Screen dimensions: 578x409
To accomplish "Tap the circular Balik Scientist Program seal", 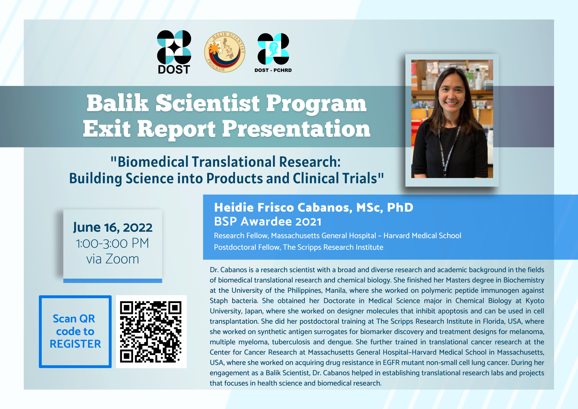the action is pyautogui.click(x=225, y=52).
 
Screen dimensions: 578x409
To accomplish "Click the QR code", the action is pyautogui.click(x=151, y=332).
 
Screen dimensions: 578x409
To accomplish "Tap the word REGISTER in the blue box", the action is pyautogui.click(x=75, y=344).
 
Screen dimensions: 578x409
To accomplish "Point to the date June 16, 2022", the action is pyautogui.click(x=113, y=227).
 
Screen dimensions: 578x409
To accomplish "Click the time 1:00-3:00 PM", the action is pyautogui.click(x=113, y=243).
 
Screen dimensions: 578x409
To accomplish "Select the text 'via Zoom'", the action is pyautogui.click(x=113, y=259).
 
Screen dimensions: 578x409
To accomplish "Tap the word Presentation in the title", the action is pyautogui.click(x=296, y=129).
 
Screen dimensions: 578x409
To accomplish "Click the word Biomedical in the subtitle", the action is pyautogui.click(x=153, y=162).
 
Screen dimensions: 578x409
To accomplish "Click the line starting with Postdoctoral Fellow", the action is pyautogui.click(x=299, y=247).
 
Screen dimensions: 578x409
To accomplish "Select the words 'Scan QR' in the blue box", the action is pyautogui.click(x=74, y=319).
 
